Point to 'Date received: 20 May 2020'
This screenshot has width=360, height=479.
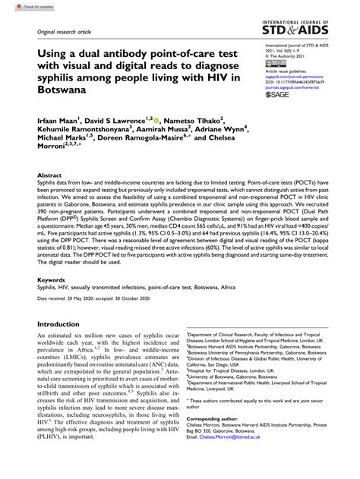(71, 279)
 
